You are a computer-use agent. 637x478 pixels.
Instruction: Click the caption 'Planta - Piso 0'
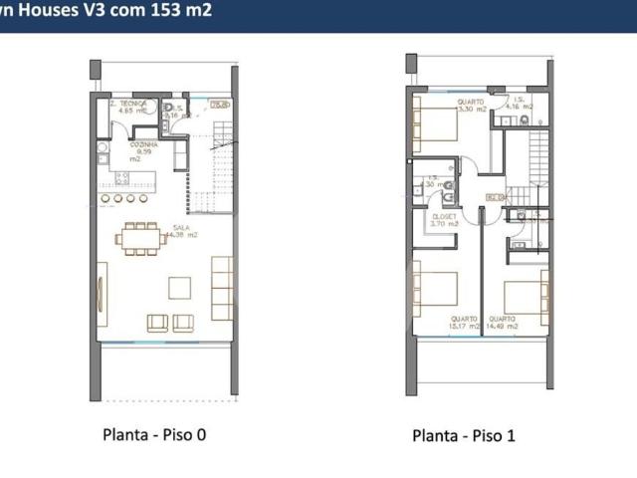tap(154, 434)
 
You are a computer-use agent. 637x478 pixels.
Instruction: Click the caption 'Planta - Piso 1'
tap(464, 435)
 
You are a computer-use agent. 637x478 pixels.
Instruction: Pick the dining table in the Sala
tap(140, 238)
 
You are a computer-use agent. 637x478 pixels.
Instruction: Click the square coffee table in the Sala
tap(180, 288)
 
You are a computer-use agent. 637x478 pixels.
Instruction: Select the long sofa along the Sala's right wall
tap(221, 287)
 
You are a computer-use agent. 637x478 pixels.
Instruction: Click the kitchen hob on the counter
tap(122, 179)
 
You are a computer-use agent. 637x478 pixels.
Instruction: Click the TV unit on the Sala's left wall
tap(102, 300)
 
